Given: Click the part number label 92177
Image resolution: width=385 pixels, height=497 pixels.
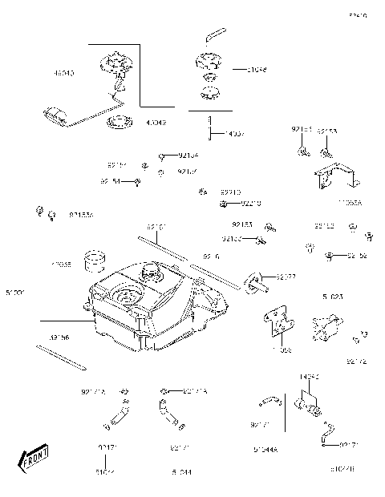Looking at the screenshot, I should click(286, 277).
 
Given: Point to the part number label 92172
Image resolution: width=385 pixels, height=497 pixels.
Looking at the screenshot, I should click(357, 362).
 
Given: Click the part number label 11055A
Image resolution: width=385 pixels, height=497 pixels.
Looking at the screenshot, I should click(350, 204).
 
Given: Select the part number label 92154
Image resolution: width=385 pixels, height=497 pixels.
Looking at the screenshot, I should click(188, 155).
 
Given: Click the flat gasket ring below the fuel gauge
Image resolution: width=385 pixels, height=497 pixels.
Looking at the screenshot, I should click(120, 123).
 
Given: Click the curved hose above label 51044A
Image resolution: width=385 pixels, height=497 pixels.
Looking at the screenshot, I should click(268, 399).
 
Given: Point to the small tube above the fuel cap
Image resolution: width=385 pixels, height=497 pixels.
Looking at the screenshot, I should click(213, 34).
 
